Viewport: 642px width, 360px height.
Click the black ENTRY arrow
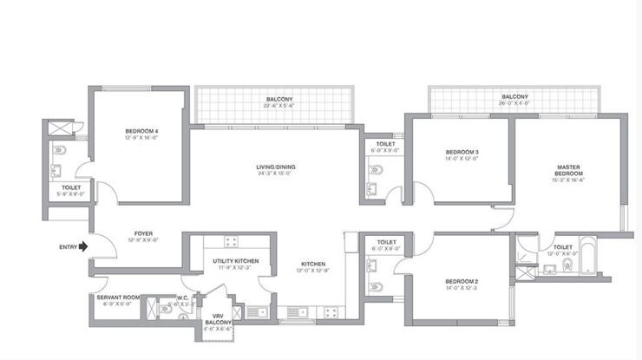83,246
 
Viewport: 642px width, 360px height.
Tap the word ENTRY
69,246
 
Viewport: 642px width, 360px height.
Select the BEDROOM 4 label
141,131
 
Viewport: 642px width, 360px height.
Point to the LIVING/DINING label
271,166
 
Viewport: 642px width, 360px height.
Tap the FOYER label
144,232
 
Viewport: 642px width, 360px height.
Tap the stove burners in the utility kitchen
232,242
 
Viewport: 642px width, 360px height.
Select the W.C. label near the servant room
174,298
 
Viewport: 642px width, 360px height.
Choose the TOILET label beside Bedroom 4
71,187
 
